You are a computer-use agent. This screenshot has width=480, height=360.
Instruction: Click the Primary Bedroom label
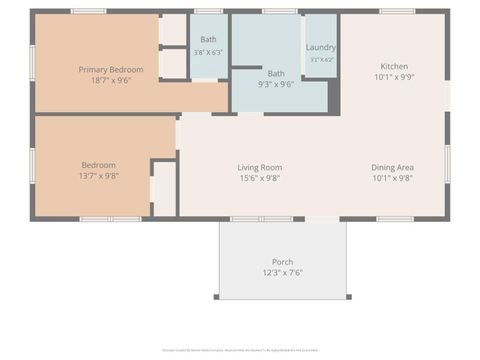pyautogui.click(x=111, y=70)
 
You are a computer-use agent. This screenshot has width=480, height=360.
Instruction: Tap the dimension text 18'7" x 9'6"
pyautogui.click(x=111, y=81)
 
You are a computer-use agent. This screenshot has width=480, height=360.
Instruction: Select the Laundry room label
pyautogui.click(x=321, y=47)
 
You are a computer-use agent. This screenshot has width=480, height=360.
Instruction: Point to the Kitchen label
pyautogui.click(x=392, y=65)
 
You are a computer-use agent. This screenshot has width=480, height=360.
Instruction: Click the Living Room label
pyautogui.click(x=259, y=167)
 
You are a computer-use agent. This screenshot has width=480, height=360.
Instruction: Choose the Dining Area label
pyautogui.click(x=392, y=167)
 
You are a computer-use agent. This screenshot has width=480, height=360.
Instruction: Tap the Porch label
pyautogui.click(x=282, y=262)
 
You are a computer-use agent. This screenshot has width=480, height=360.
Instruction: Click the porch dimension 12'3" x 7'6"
pyautogui.click(x=282, y=273)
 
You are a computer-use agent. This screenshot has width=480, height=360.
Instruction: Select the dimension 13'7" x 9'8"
pyautogui.click(x=99, y=176)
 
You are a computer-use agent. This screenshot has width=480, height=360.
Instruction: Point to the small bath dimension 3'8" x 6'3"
pyautogui.click(x=208, y=52)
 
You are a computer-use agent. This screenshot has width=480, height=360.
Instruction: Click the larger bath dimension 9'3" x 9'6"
pyautogui.click(x=275, y=85)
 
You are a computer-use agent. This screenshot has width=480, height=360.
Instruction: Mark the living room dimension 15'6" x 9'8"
pyautogui.click(x=259, y=178)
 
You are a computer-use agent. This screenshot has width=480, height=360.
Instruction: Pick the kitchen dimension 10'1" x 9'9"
pyautogui.click(x=392, y=76)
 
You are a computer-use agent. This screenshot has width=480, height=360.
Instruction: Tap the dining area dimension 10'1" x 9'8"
pyautogui.click(x=392, y=178)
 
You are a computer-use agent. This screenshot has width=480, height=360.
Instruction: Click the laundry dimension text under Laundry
pyautogui.click(x=321, y=60)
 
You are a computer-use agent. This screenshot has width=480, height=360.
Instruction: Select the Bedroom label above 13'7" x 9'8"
pyautogui.click(x=99, y=165)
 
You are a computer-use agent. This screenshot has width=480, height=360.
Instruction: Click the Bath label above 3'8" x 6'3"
pyautogui.click(x=208, y=40)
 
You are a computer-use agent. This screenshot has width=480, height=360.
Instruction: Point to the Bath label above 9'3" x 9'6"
pyautogui.click(x=275, y=73)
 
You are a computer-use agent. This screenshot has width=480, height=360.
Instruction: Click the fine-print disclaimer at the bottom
pyautogui.click(x=240, y=350)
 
